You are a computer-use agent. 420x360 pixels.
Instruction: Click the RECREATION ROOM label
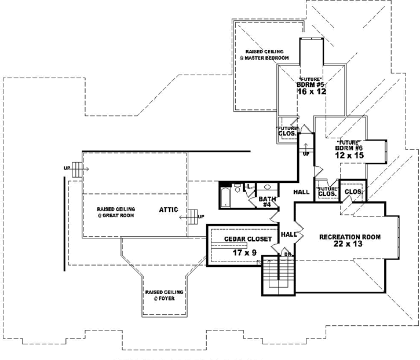[349, 237]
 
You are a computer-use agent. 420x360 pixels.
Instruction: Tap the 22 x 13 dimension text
[349, 245]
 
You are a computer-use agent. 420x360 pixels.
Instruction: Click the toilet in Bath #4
[237, 188]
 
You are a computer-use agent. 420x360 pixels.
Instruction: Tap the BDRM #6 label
[349, 148]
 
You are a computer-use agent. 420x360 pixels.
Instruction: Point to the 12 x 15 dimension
[349, 156]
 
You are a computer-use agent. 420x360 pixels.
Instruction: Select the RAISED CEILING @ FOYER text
[164, 295]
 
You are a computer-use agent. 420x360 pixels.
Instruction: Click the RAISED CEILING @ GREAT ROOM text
[116, 212]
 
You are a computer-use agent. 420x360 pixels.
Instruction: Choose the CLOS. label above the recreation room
[353, 192]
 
